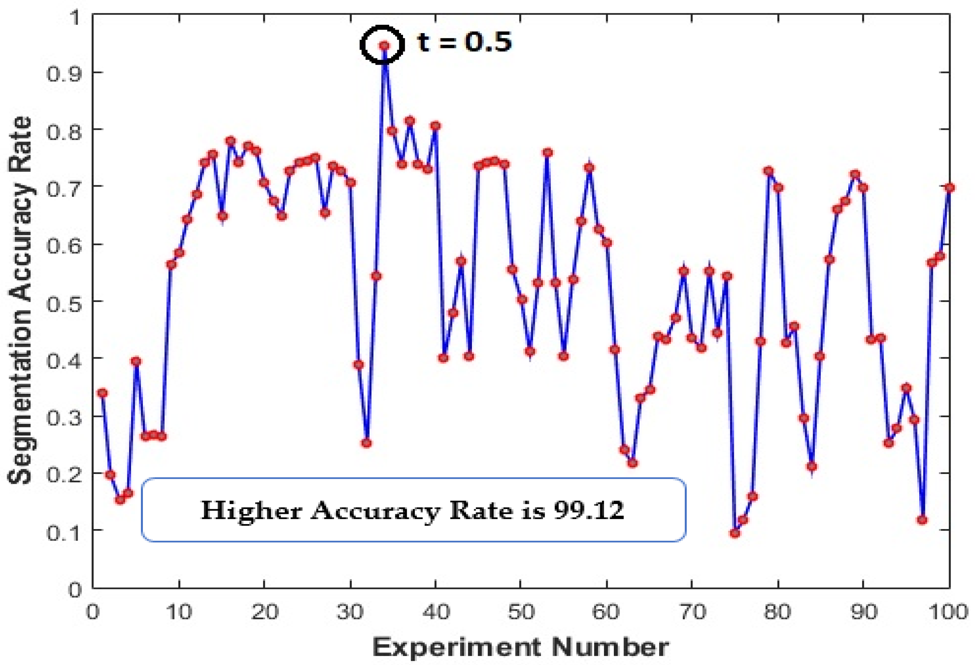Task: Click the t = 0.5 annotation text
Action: coord(465,42)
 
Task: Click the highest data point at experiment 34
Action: coord(384,46)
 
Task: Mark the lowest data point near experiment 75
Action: coord(734,533)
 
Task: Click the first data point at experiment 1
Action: coord(102,393)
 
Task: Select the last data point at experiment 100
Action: coord(949,188)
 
